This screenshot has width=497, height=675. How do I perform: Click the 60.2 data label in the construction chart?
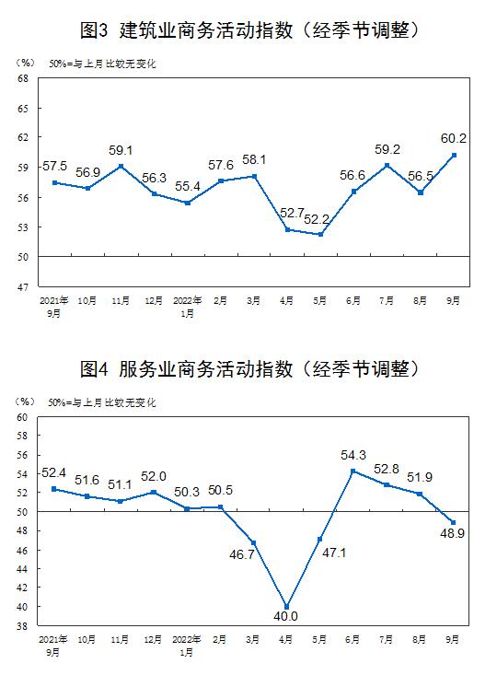tap(454, 138)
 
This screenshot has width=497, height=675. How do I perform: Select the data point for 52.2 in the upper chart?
tap(320, 234)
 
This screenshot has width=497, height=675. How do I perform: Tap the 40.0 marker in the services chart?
tap(286, 607)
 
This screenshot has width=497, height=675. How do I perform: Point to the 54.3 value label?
tap(353, 455)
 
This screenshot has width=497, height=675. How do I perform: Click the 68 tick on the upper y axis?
tap(23, 79)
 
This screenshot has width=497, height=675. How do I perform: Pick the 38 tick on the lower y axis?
tap(22, 626)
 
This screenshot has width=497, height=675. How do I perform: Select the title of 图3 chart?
tap(249, 30)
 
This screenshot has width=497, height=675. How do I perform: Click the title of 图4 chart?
tap(249, 369)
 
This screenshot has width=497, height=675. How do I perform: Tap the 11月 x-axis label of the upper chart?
tap(121, 300)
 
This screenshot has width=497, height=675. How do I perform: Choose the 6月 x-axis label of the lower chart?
tap(353, 639)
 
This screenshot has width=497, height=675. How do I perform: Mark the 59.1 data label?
tap(121, 150)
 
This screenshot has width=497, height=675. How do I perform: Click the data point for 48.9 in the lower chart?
tap(453, 522)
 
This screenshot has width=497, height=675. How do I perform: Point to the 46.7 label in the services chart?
tap(242, 554)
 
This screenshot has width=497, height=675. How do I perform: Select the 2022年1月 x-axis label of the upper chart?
tap(187, 307)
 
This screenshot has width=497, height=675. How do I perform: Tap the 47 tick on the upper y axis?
tap(23, 287)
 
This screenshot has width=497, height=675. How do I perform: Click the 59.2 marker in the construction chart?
tap(387, 166)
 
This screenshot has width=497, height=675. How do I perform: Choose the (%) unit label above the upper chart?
tap(25, 63)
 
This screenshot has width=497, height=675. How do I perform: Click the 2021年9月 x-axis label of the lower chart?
tap(53, 646)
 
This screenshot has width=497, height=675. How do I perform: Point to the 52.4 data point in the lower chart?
tap(53, 489)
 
